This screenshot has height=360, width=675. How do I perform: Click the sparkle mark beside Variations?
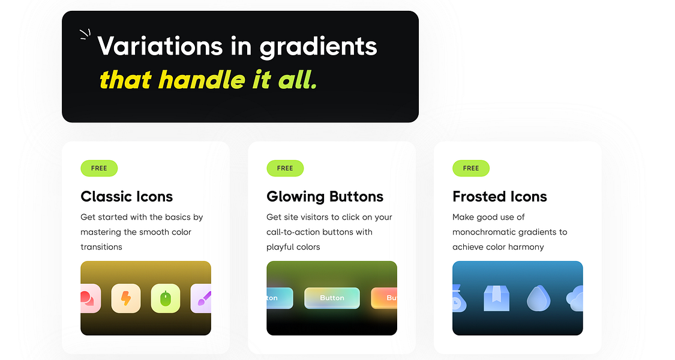pyautogui.click(x=85, y=35)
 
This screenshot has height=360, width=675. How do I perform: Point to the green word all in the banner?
pyautogui.click(x=296, y=80)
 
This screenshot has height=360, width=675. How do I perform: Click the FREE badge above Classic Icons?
pyautogui.click(x=99, y=168)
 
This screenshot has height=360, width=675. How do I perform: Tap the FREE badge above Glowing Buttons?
pyautogui.click(x=285, y=168)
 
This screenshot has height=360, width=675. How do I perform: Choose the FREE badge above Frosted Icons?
pyautogui.click(x=471, y=168)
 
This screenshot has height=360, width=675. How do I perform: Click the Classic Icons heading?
pyautogui.click(x=127, y=196)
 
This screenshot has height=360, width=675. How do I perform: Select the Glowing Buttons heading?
pyautogui.click(x=325, y=196)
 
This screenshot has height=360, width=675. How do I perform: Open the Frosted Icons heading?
pyautogui.click(x=499, y=196)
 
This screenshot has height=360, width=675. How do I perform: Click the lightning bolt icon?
pyautogui.click(x=126, y=298)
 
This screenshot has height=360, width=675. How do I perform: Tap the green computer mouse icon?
pyautogui.click(x=166, y=298)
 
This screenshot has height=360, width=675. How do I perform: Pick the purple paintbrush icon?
pyautogui.click(x=202, y=298)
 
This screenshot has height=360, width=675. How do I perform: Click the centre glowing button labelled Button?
pyautogui.click(x=332, y=298)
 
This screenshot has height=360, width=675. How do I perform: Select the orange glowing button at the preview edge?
pyautogui.click(x=385, y=298)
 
